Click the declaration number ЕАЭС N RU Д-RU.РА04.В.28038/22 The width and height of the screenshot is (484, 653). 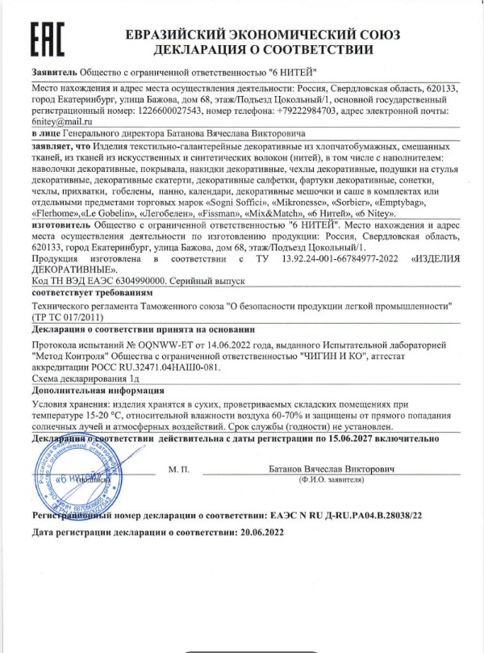pyautogui.click(x=346, y=513)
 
